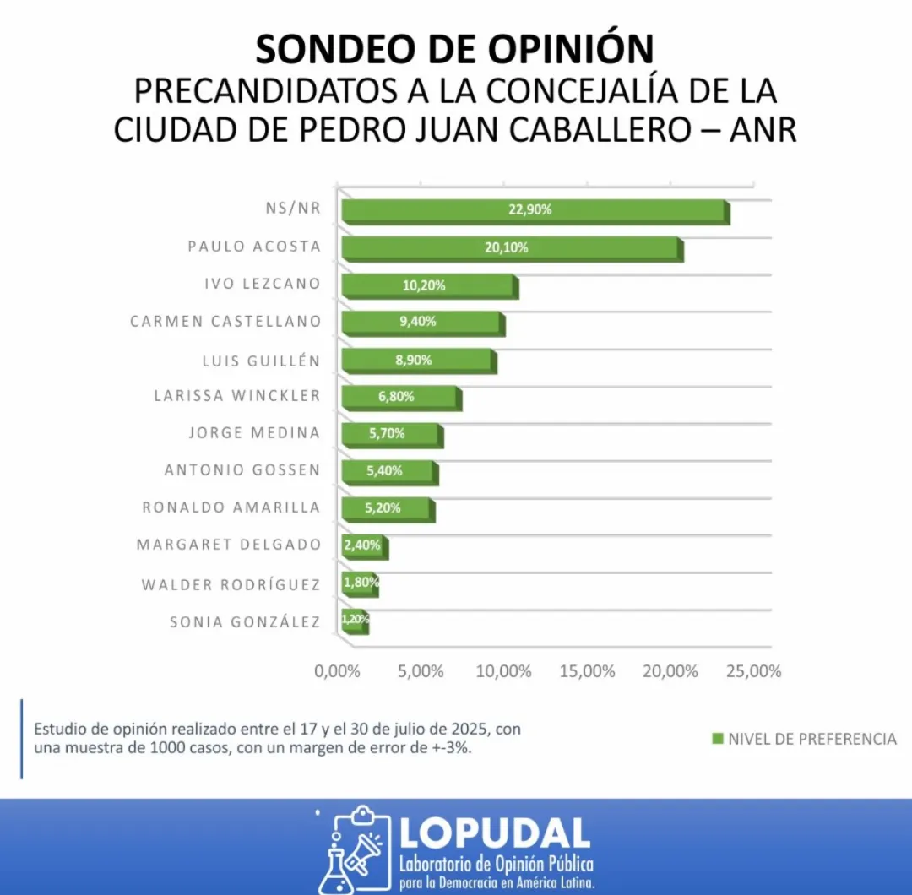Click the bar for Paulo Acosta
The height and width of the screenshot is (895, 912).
click(x=511, y=248)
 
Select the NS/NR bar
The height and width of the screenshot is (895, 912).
click(x=534, y=211)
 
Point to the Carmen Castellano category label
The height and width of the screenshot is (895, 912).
click(x=225, y=322)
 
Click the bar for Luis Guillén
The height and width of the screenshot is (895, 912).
click(x=417, y=361)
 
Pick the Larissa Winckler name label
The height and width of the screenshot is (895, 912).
click(x=237, y=395)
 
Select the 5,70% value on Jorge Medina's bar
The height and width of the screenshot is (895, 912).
click(x=386, y=433)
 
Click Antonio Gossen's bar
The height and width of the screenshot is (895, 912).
click(x=388, y=471)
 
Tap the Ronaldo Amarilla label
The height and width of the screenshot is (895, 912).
click(x=231, y=507)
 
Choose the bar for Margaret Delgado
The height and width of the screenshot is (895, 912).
click(x=363, y=546)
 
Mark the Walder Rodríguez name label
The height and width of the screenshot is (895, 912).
click(x=231, y=584)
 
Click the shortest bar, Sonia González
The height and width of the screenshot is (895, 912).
click(x=354, y=621)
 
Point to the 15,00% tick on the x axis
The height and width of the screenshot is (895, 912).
click(x=587, y=672)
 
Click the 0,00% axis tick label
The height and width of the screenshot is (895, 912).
click(x=337, y=672)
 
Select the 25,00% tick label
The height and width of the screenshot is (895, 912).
click(x=754, y=672)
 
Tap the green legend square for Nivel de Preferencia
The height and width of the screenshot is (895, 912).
click(x=718, y=739)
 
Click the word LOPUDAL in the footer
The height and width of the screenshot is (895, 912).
click(x=495, y=833)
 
